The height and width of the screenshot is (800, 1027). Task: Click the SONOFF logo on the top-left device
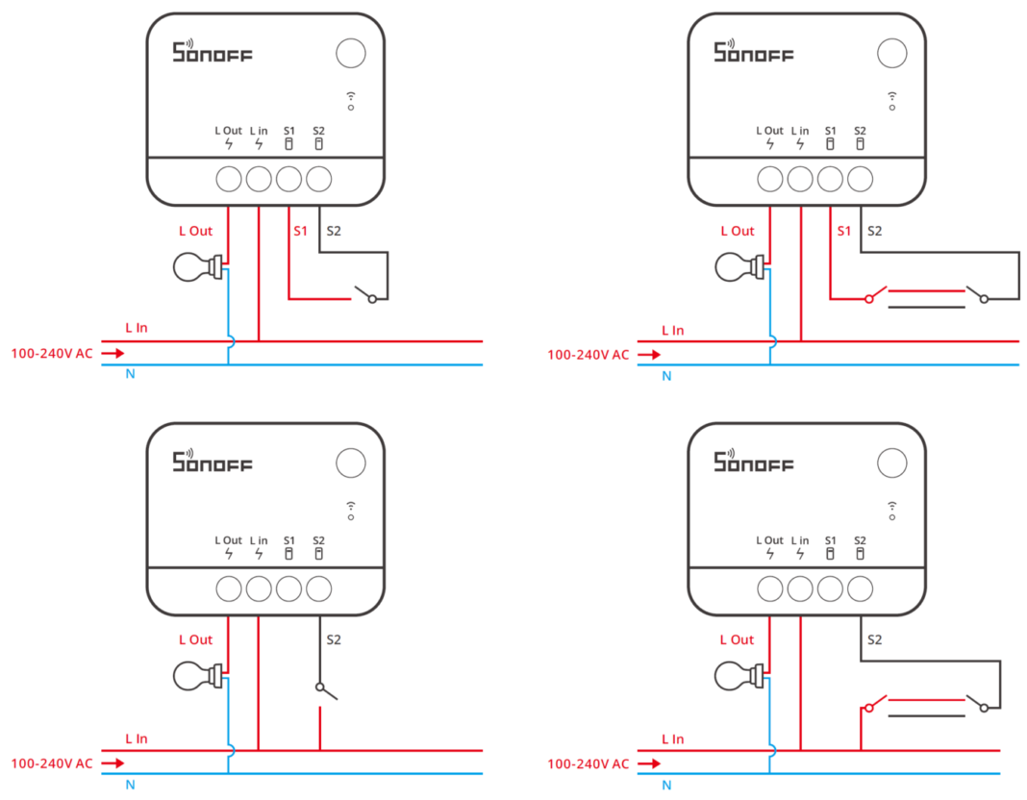pyautogui.click(x=212, y=52)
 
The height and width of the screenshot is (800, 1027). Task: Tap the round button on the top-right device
pyautogui.click(x=893, y=53)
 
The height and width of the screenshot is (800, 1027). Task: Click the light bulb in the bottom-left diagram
pyautogui.click(x=195, y=675)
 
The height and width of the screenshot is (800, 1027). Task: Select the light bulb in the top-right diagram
pyautogui.click(x=737, y=266)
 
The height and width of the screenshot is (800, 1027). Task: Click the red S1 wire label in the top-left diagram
pyautogui.click(x=300, y=231)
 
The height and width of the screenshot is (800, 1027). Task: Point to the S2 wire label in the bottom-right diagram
pyautogui.click(x=874, y=639)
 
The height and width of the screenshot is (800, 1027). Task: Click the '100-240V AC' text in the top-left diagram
pyautogui.click(x=52, y=353)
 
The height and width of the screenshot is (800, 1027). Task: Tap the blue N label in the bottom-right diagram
pyautogui.click(x=666, y=785)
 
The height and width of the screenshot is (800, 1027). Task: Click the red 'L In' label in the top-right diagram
pyautogui.click(x=672, y=330)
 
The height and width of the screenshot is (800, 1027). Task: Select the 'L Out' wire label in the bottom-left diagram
pyautogui.click(x=195, y=639)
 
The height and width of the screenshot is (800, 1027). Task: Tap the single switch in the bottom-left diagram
pyautogui.click(x=325, y=690)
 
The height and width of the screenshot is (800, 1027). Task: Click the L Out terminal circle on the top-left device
pyautogui.click(x=229, y=179)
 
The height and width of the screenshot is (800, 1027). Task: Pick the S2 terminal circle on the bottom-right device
pyautogui.click(x=861, y=587)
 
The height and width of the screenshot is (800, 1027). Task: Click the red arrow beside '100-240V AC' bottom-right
pyautogui.click(x=650, y=763)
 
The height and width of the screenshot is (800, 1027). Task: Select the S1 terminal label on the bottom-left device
pyautogui.click(x=288, y=540)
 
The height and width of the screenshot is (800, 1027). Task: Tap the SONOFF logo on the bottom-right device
pyautogui.click(x=753, y=462)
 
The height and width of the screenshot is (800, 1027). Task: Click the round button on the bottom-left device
pyautogui.click(x=351, y=463)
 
